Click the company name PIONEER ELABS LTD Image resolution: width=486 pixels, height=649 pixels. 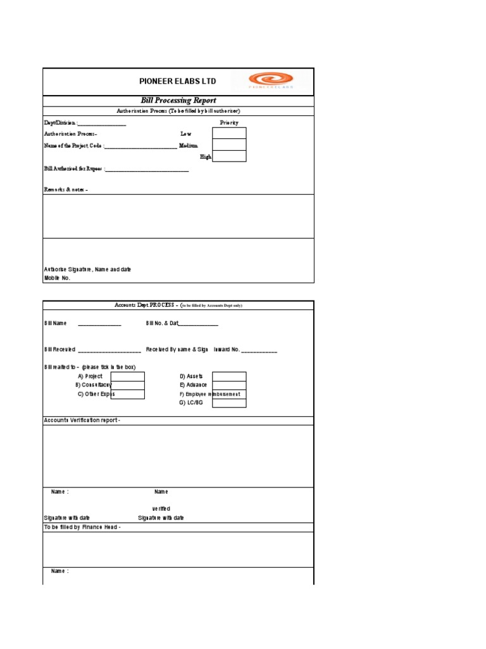(x=178, y=81)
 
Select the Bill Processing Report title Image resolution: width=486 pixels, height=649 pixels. (x=178, y=100)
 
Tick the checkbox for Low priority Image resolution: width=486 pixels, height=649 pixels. (x=229, y=133)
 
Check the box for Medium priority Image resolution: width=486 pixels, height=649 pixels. (x=229, y=145)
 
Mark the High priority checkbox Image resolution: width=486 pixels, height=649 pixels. (x=229, y=156)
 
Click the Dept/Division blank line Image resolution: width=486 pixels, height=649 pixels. (x=102, y=123)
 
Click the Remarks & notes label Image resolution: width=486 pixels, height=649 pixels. (x=65, y=190)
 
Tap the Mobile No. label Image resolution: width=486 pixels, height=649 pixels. (x=58, y=278)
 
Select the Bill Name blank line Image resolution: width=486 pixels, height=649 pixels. (x=99, y=324)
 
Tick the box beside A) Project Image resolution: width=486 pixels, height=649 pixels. (x=128, y=376)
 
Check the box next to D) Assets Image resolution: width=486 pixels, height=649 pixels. (x=229, y=376)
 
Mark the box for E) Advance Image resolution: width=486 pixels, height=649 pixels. (x=229, y=385)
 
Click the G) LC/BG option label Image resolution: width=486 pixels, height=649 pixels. (x=191, y=402)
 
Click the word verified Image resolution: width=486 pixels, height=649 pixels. (x=161, y=508)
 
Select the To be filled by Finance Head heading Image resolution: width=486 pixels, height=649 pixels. (x=82, y=527)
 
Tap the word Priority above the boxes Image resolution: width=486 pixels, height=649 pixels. (x=229, y=122)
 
